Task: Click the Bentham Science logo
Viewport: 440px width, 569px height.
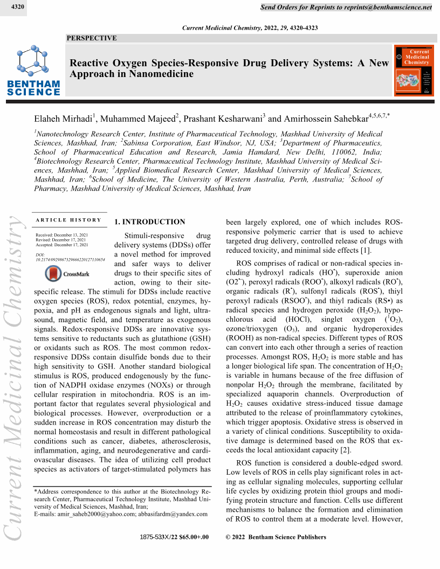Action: coord(33,71)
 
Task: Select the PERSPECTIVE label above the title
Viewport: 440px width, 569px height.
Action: coord(92,38)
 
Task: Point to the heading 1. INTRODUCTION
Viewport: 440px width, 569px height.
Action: coord(150,222)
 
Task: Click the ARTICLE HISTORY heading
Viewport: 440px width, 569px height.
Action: coord(68,220)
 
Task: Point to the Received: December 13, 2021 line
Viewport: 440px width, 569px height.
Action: coord(61,235)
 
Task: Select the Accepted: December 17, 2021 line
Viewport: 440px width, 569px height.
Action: coord(61,245)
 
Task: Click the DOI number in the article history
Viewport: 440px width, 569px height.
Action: coord(70,259)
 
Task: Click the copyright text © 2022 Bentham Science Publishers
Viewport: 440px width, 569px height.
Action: coord(276,537)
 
